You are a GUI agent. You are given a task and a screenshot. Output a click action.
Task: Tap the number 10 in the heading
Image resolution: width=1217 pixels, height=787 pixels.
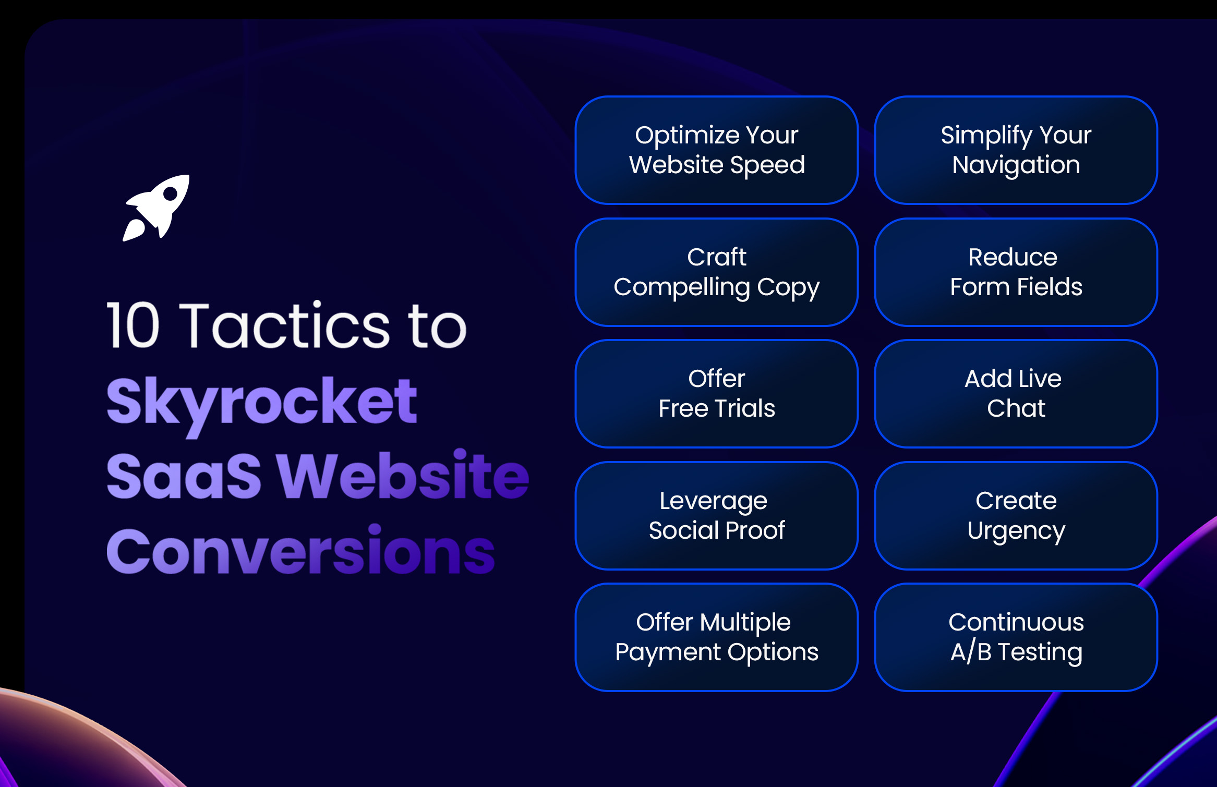133,325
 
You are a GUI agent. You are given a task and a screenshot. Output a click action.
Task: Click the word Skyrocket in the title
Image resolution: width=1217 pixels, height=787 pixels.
261,402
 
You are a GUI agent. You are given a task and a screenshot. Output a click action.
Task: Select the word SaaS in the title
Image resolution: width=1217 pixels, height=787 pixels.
184,476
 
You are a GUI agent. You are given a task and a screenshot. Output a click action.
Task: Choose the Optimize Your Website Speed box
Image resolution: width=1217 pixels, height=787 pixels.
716,150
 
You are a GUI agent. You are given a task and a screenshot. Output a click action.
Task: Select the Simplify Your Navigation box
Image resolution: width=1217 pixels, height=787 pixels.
1016,150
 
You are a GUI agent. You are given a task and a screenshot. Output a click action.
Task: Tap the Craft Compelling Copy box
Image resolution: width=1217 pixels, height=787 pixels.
716,272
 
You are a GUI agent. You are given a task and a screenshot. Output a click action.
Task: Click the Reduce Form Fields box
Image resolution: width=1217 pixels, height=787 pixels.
1016,272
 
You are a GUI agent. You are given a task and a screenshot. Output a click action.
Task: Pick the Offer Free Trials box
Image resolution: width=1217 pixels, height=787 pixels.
716,394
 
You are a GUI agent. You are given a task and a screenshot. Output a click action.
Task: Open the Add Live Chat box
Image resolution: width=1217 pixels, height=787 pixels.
1016,394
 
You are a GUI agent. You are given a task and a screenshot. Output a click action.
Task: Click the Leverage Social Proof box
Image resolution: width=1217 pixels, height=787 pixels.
716,516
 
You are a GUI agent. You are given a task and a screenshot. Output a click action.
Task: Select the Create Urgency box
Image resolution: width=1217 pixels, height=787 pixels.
1016,516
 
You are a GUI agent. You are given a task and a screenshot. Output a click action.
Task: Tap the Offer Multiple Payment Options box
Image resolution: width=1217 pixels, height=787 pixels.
716,637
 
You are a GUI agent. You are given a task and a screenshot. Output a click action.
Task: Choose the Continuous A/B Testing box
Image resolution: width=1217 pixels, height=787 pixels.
1016,637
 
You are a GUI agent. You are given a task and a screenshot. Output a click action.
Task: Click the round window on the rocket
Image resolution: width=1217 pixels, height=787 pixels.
170,194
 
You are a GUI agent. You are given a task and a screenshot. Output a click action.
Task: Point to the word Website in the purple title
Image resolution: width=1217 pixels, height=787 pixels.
403,476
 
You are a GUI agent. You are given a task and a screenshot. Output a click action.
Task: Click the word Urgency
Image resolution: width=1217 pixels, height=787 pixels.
1016,531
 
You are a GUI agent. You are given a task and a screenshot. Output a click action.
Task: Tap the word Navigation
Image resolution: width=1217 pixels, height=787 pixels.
1016,165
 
